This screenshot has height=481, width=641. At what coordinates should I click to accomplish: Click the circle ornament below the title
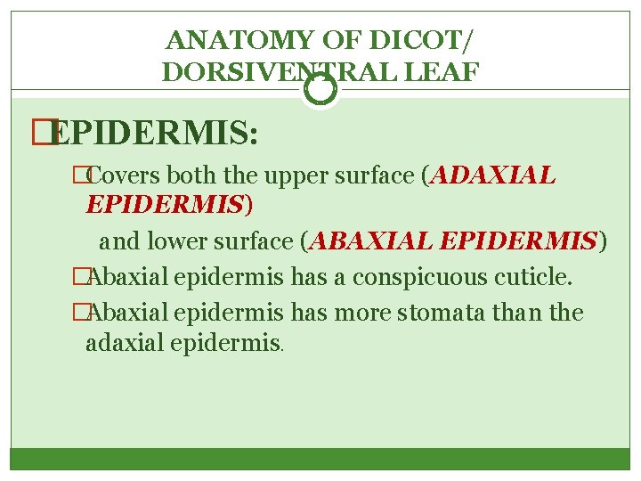(x=320, y=90)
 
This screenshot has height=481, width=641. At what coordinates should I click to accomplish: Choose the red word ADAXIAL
(x=494, y=176)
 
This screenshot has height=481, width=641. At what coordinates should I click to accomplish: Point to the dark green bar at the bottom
(x=320, y=459)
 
